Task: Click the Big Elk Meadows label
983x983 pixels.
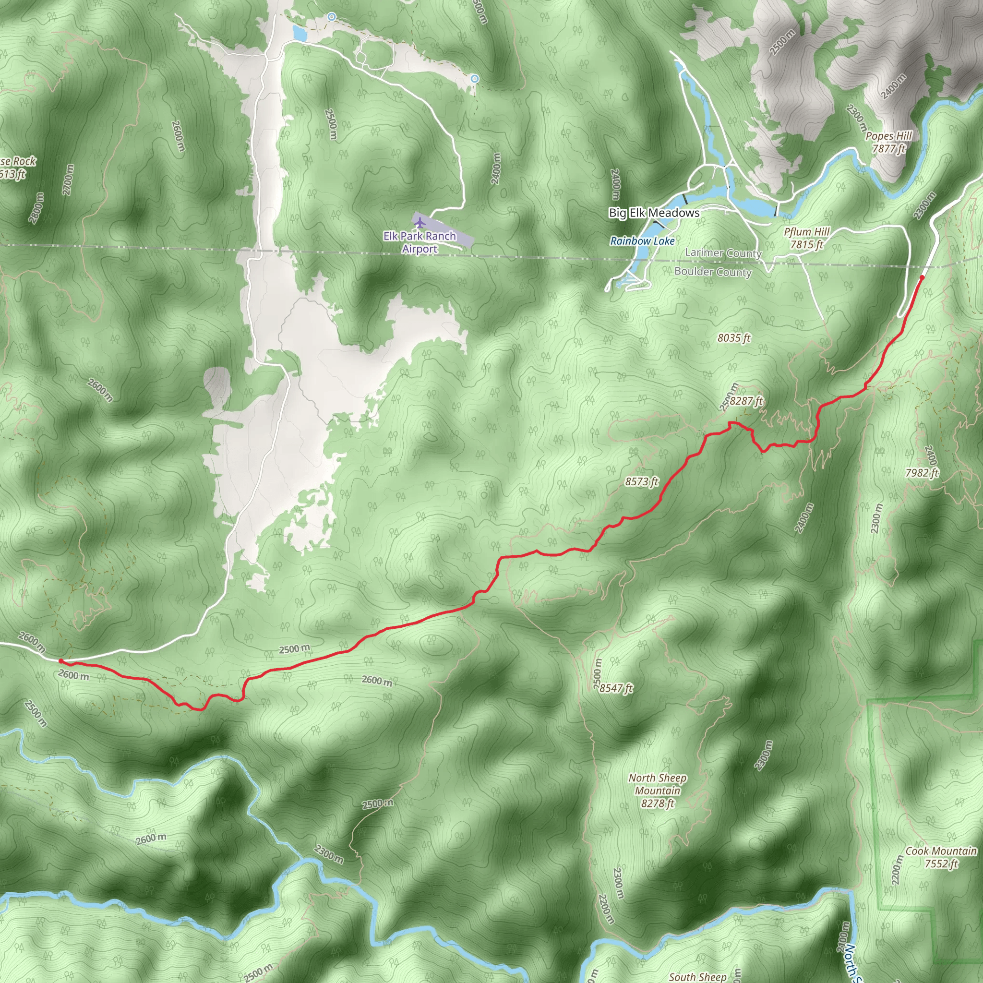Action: pyautogui.click(x=654, y=213)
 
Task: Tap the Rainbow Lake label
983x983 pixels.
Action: pyautogui.click(x=642, y=240)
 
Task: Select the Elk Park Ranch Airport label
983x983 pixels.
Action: pyautogui.click(x=420, y=242)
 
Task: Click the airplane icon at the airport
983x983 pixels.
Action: pyautogui.click(x=419, y=222)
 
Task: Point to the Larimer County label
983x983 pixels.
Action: pyautogui.click(x=723, y=253)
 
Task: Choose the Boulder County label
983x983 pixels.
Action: pyautogui.click(x=713, y=272)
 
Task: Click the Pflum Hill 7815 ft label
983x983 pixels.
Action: pyautogui.click(x=806, y=238)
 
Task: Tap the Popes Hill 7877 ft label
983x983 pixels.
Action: pyautogui.click(x=888, y=142)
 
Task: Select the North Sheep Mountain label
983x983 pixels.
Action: pyautogui.click(x=658, y=790)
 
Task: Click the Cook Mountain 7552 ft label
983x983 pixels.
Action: pyautogui.click(x=941, y=857)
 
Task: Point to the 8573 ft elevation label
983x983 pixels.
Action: pyautogui.click(x=642, y=481)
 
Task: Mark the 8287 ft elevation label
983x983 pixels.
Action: pyautogui.click(x=746, y=401)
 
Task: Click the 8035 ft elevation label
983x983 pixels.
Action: pyautogui.click(x=734, y=338)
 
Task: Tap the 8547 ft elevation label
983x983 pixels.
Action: pyautogui.click(x=616, y=688)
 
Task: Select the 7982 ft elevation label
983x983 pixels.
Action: pyautogui.click(x=922, y=473)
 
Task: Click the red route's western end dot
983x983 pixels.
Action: pyautogui.click(x=60, y=661)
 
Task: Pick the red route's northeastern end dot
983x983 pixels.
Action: pyautogui.click(x=922, y=277)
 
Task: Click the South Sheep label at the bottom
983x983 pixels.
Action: pyautogui.click(x=697, y=976)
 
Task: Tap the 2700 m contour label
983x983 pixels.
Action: pyautogui.click(x=68, y=180)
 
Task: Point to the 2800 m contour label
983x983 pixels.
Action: pyautogui.click(x=36, y=208)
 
